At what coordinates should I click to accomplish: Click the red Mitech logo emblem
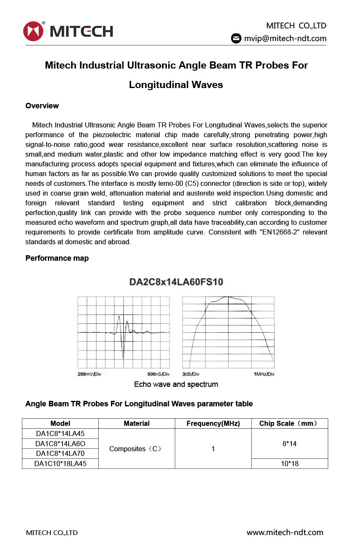pos(33,31)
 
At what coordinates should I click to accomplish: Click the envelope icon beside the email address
pos(236,39)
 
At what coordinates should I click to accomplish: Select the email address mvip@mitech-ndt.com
pos(285,39)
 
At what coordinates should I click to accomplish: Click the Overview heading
pos(42,106)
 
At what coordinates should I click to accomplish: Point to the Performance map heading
pos(57,258)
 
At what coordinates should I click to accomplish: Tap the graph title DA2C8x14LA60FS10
pos(176,282)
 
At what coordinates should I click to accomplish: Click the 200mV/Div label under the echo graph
pos(89,374)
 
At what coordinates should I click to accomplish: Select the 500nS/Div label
pos(158,374)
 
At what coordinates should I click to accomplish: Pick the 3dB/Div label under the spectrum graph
pos(191,374)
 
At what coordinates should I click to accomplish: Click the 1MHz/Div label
pos(263,374)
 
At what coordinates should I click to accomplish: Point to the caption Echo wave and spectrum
pos(176,384)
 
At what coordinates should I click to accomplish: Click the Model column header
pos(60,423)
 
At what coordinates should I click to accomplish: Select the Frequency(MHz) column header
pos(213,423)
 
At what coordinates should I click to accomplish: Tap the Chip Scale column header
pos(289,423)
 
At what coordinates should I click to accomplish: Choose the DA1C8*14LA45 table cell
pos(60,433)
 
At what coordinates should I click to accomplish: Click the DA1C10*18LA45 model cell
pos(60,463)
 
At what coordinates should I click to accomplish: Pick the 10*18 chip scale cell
pos(289,463)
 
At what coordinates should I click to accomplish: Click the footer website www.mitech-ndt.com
pos(285,532)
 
